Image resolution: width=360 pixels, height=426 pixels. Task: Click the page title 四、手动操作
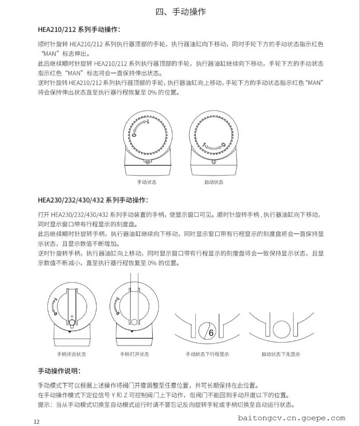tap(180, 12)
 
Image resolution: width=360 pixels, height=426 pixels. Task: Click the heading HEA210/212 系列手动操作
tap(79, 30)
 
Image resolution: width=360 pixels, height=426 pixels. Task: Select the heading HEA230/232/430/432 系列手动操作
tap(93, 200)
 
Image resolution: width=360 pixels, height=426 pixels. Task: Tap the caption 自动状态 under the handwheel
tap(214, 182)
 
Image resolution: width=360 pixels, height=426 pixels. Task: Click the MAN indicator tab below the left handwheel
tap(147, 162)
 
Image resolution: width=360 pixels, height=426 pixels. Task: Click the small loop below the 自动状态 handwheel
tap(214, 162)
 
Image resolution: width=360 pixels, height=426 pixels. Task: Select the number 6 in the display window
tap(211, 333)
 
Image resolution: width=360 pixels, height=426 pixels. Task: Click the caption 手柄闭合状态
tap(71, 354)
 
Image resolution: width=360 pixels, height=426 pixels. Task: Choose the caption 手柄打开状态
tap(135, 354)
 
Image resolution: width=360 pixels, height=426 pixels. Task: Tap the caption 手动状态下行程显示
tap(207, 354)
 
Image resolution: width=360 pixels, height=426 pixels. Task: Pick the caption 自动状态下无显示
tap(281, 354)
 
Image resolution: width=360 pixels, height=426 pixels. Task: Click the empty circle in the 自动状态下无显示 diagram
tap(281, 329)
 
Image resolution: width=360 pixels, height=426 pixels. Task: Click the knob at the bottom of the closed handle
tap(71, 321)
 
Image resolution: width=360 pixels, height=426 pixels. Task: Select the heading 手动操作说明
tap(60, 371)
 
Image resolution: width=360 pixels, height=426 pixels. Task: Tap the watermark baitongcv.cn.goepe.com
tap(291, 418)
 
